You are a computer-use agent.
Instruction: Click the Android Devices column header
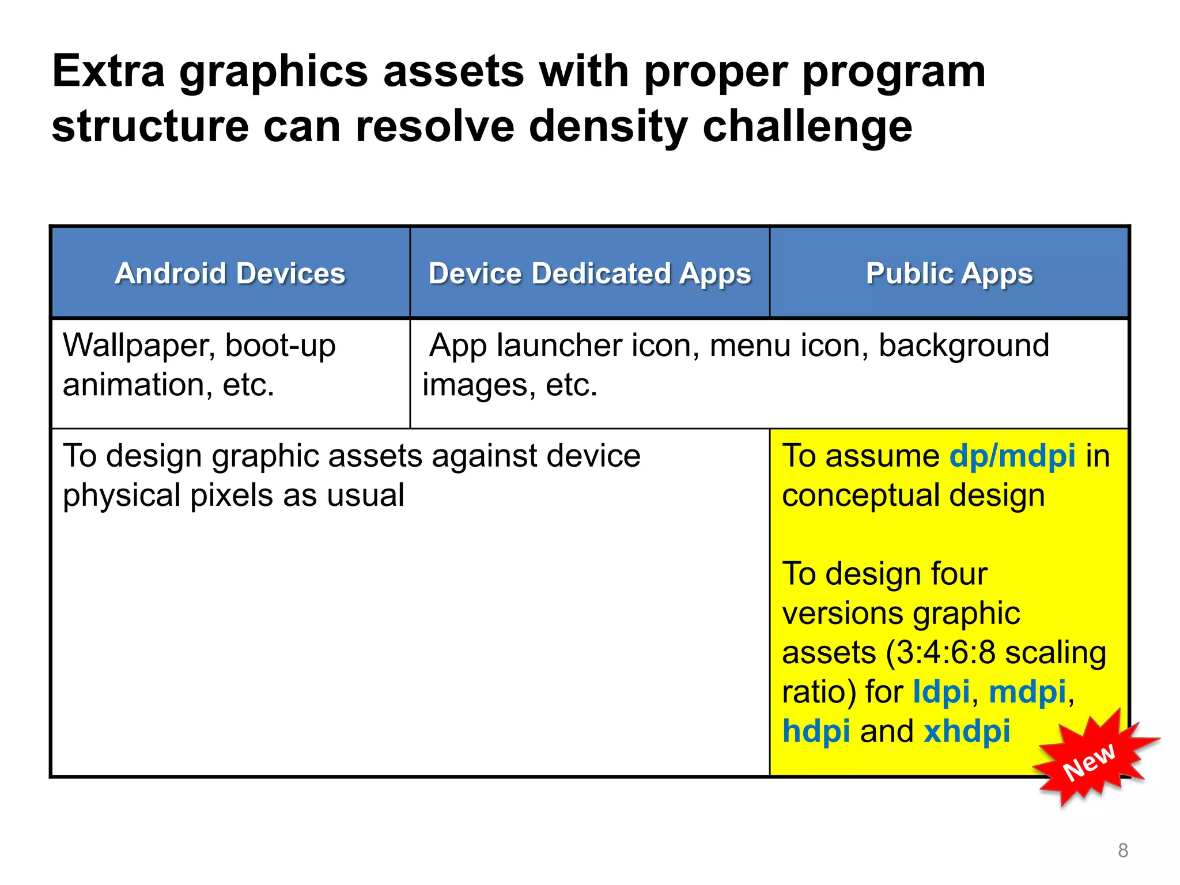coord(230,273)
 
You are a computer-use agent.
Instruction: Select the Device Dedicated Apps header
coord(589,273)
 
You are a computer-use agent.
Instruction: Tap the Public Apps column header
coord(949,273)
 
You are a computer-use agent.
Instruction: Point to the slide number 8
coord(1123,850)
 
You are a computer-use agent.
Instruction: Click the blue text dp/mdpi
coord(1012,456)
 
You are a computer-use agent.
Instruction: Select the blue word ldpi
coord(941,691)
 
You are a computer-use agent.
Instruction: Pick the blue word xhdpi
coord(967,731)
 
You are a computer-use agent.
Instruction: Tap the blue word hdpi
coord(816,731)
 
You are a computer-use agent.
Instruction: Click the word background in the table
coord(963,346)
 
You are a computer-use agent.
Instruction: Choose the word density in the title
coord(608,127)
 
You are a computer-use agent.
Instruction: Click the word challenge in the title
coord(807,127)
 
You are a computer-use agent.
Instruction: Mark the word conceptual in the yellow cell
coord(861,495)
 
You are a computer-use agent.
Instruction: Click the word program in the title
coord(894,71)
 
